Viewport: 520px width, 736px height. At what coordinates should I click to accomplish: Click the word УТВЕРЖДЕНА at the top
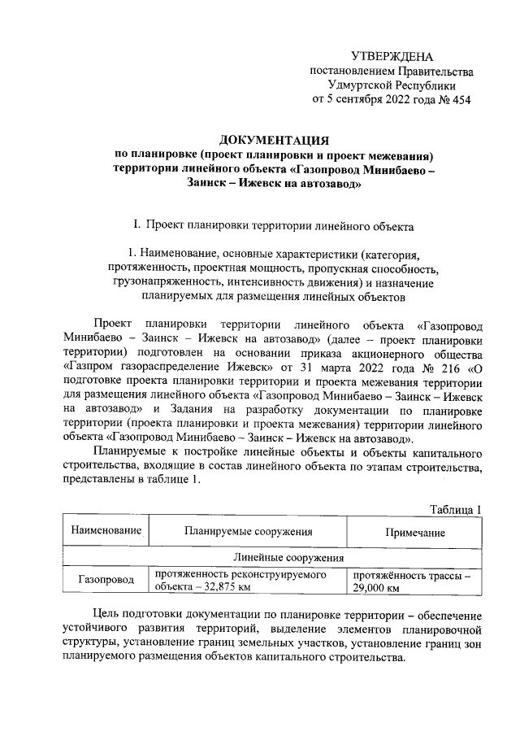click(x=392, y=56)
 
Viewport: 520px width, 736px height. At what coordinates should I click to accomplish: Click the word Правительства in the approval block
click(x=428, y=71)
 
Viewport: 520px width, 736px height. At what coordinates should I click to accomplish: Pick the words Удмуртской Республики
click(x=392, y=85)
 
